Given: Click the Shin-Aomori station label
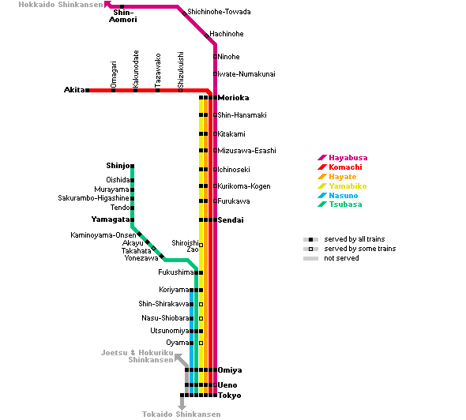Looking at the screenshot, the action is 123,16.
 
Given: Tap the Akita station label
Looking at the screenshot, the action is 74,90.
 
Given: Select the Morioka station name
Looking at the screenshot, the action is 233,98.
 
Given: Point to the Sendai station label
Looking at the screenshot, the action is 231,220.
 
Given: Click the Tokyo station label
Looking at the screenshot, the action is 229,396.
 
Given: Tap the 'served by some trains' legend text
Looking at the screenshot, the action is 360,249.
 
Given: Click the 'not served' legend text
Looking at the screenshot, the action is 341,258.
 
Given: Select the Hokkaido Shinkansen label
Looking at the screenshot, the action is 61,5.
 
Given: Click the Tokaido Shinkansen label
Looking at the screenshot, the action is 182,414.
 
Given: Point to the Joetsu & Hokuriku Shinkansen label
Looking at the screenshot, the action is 137,356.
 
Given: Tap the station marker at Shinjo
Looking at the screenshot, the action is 132,166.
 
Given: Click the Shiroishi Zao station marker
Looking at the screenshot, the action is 201,245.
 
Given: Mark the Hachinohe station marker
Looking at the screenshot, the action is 207,36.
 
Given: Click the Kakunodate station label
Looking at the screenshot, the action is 136,69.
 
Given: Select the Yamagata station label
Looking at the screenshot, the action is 111,219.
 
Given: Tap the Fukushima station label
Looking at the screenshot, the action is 176,272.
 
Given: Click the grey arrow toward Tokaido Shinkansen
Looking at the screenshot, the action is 182,402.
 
